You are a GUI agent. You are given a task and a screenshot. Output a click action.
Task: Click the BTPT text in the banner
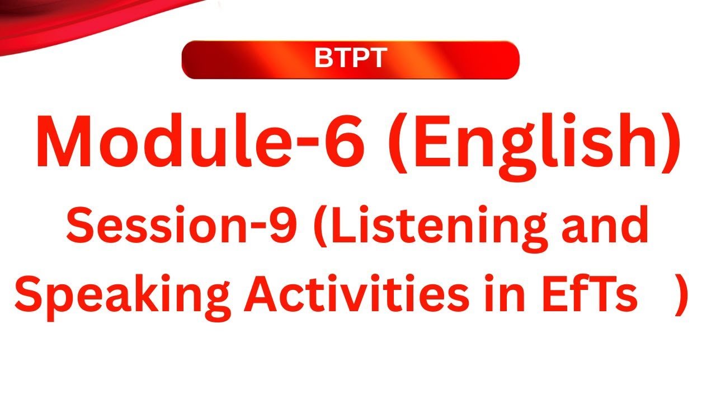pos(350,58)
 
